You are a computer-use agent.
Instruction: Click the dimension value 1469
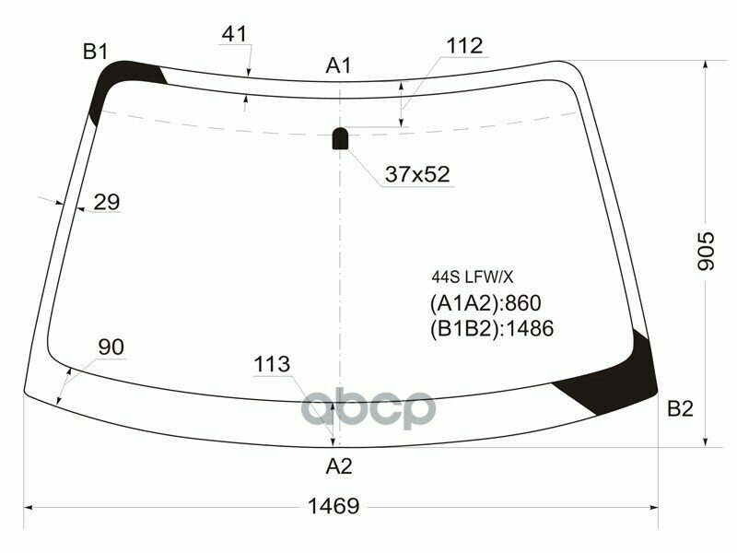coord(333,506)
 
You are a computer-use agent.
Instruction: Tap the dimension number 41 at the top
coord(234,34)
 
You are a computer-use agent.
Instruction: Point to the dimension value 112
coord(464,45)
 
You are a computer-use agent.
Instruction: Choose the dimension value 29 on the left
coord(107,202)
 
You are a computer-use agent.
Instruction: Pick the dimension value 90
coord(111,347)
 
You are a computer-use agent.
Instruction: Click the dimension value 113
coord(272,364)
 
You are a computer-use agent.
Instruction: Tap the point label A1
coord(339,65)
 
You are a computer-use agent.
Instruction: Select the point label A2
coord(339,466)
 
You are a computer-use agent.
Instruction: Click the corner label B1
coord(96,52)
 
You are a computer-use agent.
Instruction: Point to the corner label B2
coord(680,409)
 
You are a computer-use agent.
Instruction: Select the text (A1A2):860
coord(485,303)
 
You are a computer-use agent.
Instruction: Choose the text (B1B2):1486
coord(491,329)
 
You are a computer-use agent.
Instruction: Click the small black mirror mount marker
coord(340,138)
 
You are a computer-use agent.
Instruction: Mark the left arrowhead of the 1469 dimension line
coord(28,506)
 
